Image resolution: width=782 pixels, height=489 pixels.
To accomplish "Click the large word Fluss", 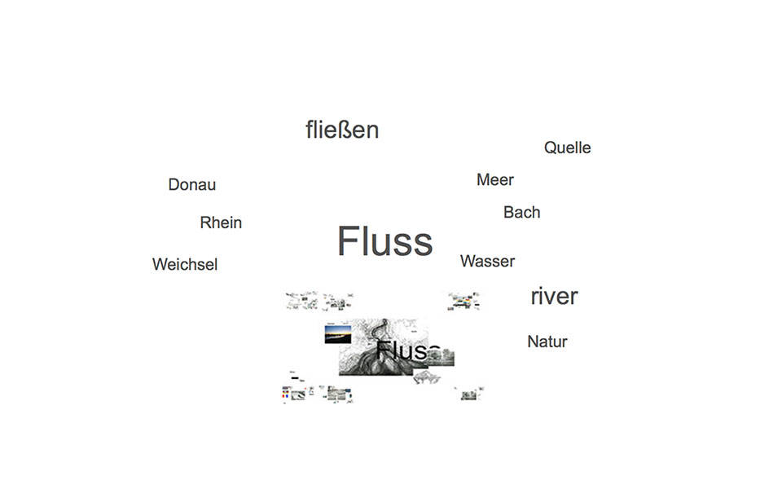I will [x=384, y=241].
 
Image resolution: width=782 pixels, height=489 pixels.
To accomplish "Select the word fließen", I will [x=342, y=130].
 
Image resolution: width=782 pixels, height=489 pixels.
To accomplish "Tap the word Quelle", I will [x=567, y=148].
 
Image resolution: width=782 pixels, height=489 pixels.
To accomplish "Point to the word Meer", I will [x=494, y=179].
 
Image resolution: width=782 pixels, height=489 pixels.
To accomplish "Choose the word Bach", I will [x=521, y=212].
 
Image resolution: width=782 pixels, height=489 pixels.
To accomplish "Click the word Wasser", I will [x=487, y=261].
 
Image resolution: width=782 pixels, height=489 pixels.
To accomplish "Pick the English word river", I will [x=554, y=296].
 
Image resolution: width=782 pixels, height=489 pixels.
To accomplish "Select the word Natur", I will [x=547, y=341].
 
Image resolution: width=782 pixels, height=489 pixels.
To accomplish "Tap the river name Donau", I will [x=191, y=185].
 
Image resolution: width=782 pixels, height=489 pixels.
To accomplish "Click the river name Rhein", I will [x=221, y=222].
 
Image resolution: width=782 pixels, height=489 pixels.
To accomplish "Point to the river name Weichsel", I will [x=184, y=265].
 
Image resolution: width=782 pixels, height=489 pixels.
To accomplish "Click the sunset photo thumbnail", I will [x=338, y=335].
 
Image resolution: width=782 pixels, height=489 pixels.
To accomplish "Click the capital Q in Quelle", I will [x=551, y=148].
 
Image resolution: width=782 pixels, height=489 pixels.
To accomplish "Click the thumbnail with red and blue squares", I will [x=284, y=394].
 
